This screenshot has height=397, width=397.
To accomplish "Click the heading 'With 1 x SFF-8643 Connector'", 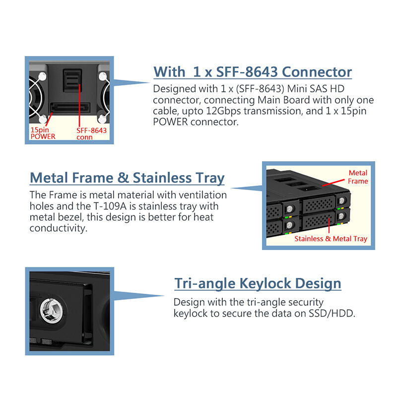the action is point(253,72).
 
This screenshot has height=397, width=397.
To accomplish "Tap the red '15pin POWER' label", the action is point(43,133).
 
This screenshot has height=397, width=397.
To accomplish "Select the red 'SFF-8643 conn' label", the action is point(91,133).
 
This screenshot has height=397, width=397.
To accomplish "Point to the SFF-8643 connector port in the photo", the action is point(72,80).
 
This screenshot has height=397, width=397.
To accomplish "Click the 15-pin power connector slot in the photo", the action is point(70,107).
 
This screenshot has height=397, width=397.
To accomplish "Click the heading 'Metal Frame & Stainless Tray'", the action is point(127,178).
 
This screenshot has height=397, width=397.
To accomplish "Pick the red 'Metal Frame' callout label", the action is point(358,177).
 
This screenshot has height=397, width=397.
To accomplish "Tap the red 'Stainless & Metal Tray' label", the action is point(331,239).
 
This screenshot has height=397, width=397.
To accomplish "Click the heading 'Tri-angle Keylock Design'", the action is point(258,283).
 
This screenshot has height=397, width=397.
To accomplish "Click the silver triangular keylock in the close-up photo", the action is point(52,311).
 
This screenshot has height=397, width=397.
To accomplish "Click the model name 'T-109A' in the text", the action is point(110,206).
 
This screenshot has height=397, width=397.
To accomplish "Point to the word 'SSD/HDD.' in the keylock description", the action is point(332,314).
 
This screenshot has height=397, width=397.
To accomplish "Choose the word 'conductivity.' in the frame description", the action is point(59,228).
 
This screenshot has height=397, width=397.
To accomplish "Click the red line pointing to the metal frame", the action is point(333,183).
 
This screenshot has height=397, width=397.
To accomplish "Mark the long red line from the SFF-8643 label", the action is point(79,105).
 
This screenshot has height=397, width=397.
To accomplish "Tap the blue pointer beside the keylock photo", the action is point(139,295).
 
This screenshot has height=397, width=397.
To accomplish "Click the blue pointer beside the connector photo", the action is point(132,82).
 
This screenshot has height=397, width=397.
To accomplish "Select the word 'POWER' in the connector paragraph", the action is point(170,122).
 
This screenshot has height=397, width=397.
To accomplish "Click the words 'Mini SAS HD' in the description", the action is point(316,89).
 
